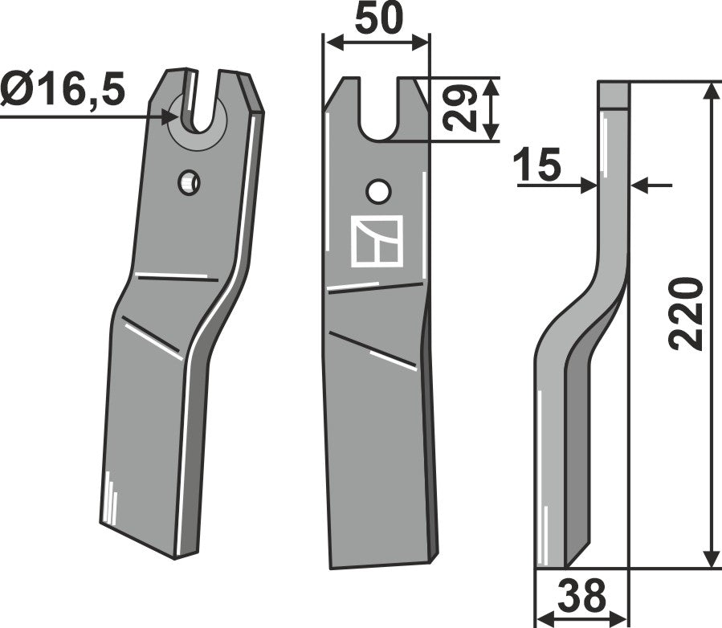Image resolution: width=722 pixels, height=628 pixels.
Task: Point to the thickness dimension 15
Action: (x=536, y=167)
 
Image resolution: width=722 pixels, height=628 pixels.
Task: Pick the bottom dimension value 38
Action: (x=582, y=598)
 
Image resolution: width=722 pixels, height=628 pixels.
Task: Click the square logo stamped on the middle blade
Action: (x=377, y=241)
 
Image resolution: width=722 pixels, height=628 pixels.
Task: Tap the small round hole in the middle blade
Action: (x=377, y=191)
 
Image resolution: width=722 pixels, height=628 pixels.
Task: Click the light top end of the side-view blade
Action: (x=614, y=95)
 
